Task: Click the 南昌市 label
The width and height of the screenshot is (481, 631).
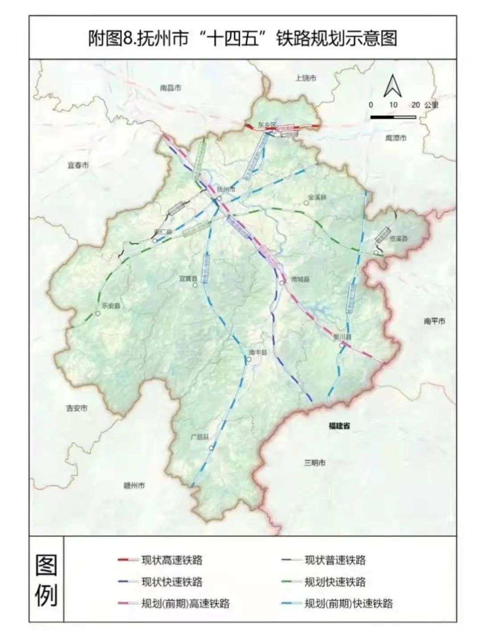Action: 171,88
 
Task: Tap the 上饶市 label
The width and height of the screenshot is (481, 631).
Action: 306,78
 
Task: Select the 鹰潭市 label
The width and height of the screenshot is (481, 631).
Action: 395,139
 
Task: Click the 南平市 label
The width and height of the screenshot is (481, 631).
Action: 434,321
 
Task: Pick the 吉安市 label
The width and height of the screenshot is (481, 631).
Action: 77,408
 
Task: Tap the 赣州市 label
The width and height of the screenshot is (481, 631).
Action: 134,485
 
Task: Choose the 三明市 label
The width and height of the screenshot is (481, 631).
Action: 315,463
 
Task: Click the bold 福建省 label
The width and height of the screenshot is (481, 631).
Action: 339,426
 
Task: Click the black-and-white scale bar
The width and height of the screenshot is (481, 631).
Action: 393,117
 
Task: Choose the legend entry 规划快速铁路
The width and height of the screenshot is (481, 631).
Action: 335,582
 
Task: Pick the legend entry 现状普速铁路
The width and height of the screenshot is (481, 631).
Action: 335,560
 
